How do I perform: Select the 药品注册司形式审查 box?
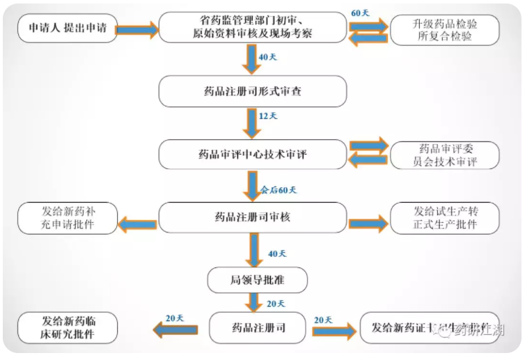[x=252, y=91]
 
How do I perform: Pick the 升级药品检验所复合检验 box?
[x=445, y=30]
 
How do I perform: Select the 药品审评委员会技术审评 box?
[x=445, y=155]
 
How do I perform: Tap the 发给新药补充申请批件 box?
[x=68, y=218]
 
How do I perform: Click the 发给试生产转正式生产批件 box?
[x=445, y=218]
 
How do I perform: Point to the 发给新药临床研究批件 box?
[x=68, y=328]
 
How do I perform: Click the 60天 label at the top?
[x=360, y=13]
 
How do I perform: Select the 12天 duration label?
[x=268, y=116]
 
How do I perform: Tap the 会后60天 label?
[x=278, y=189]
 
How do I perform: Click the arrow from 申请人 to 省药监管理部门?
[x=137, y=29]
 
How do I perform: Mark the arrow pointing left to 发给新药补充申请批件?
[x=137, y=224]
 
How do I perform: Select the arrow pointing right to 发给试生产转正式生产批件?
[x=368, y=224]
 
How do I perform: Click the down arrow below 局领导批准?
[x=252, y=302]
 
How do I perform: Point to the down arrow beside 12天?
[x=252, y=123]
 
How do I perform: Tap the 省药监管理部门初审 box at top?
[x=252, y=29]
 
